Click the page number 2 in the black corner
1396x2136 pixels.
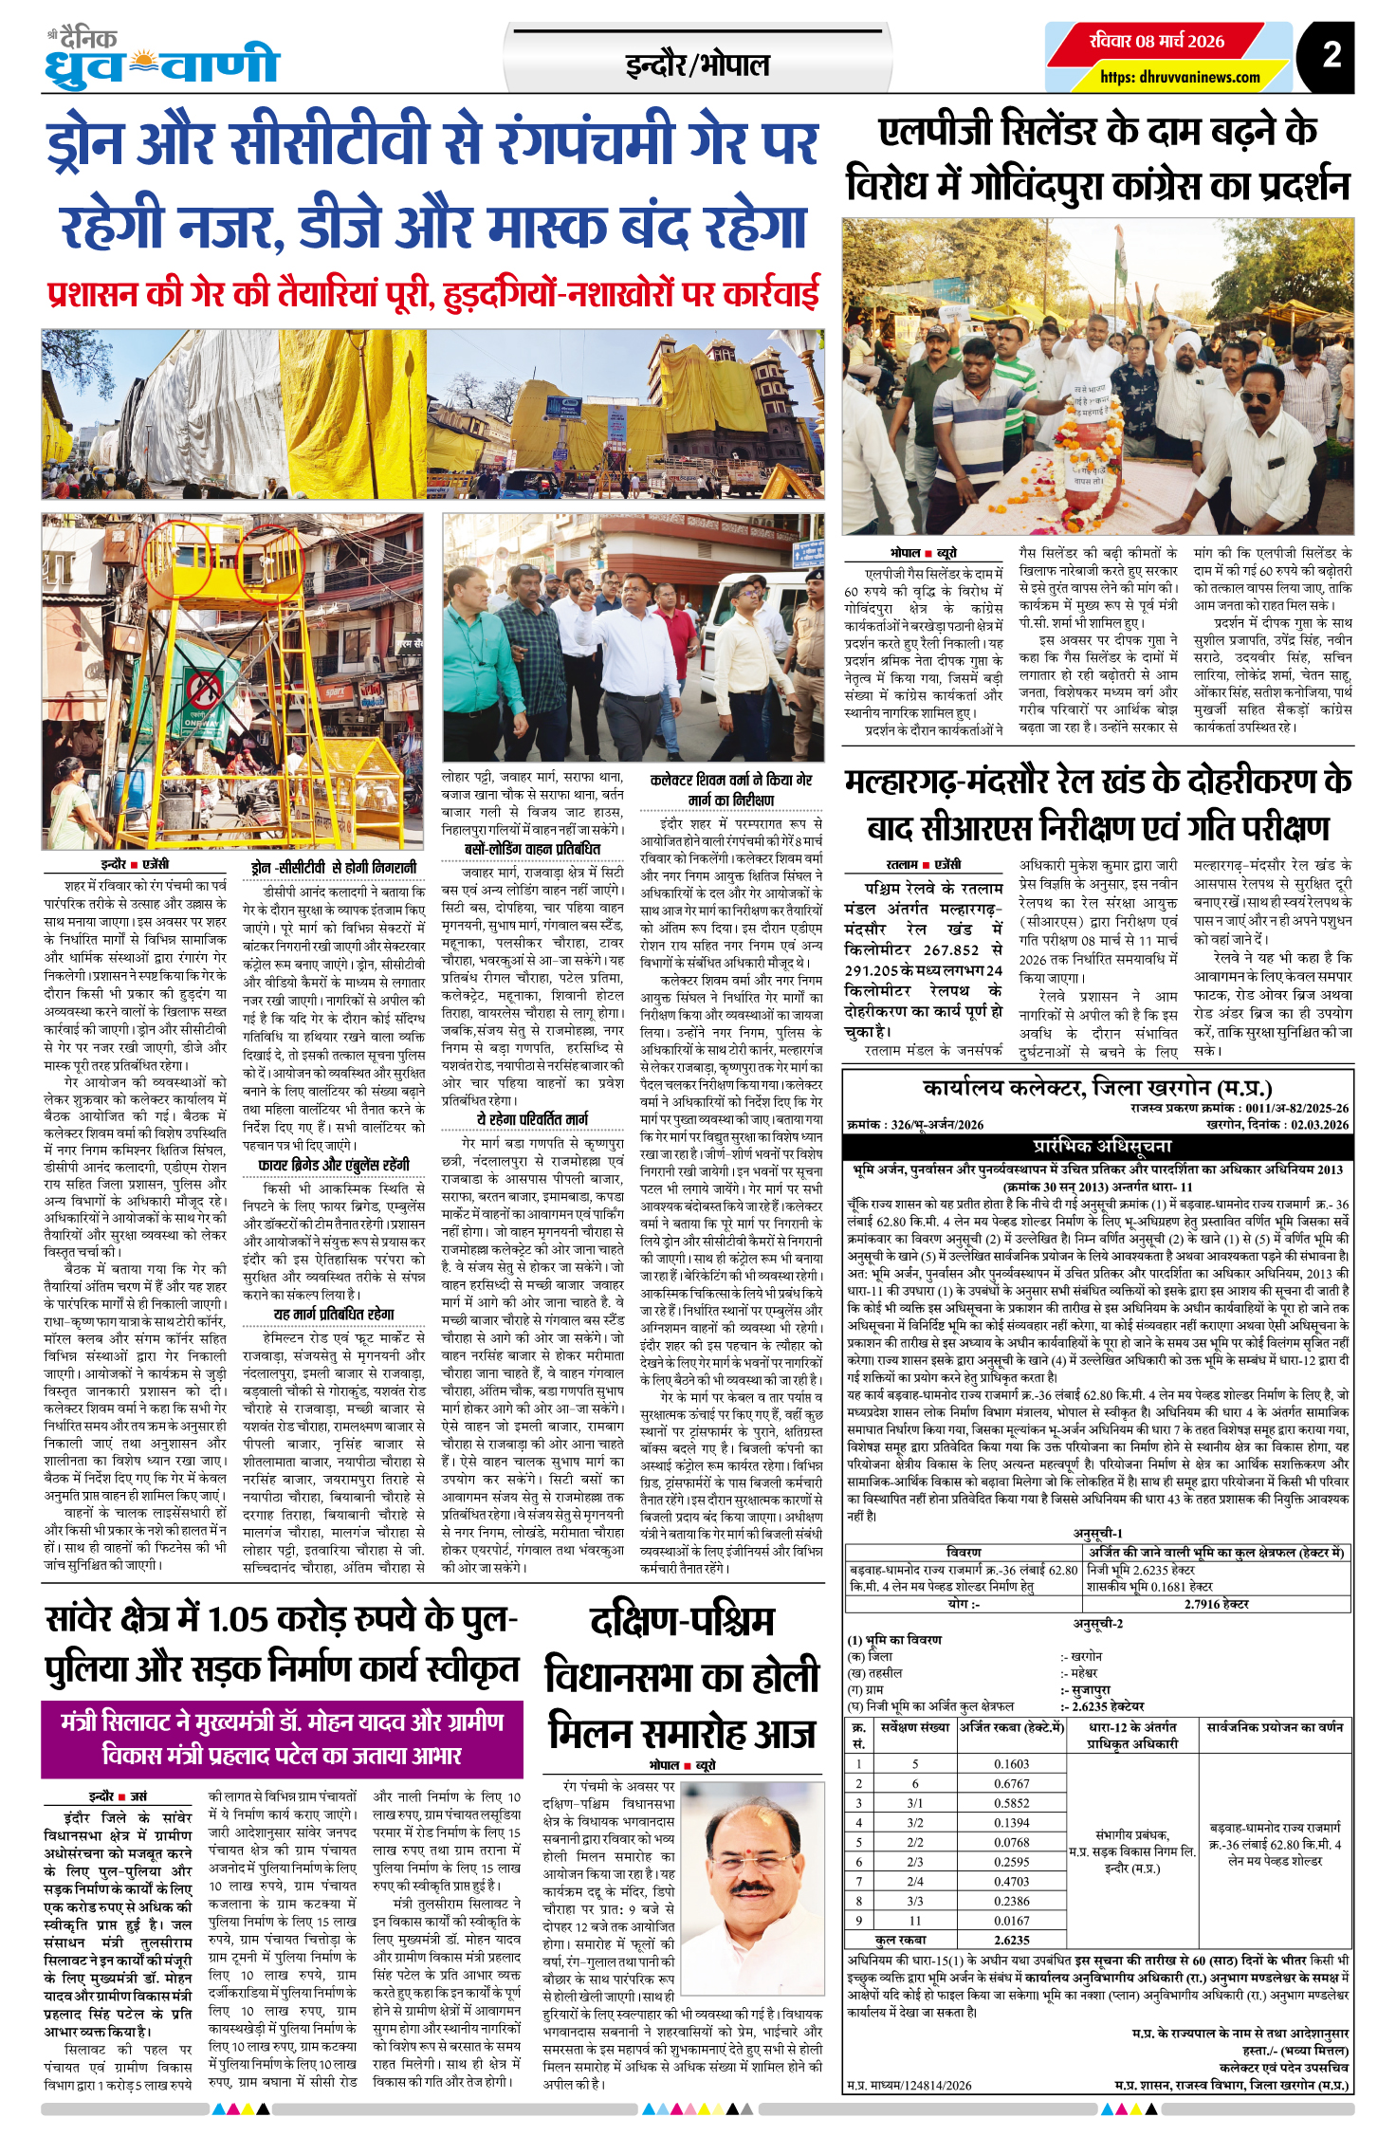1332,55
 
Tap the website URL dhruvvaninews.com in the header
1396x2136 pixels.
1180,77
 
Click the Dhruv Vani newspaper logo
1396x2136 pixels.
161,60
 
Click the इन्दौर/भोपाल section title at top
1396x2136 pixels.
697,65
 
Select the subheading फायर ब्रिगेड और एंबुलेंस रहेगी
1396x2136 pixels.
334,1165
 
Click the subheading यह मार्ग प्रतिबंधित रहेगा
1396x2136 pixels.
334,1314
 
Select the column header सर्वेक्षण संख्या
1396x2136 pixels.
914,1727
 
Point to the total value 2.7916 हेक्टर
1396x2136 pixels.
1216,1604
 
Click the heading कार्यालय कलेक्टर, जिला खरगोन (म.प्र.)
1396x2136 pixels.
1097,1087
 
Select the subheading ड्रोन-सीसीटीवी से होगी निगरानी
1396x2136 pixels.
334,867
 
